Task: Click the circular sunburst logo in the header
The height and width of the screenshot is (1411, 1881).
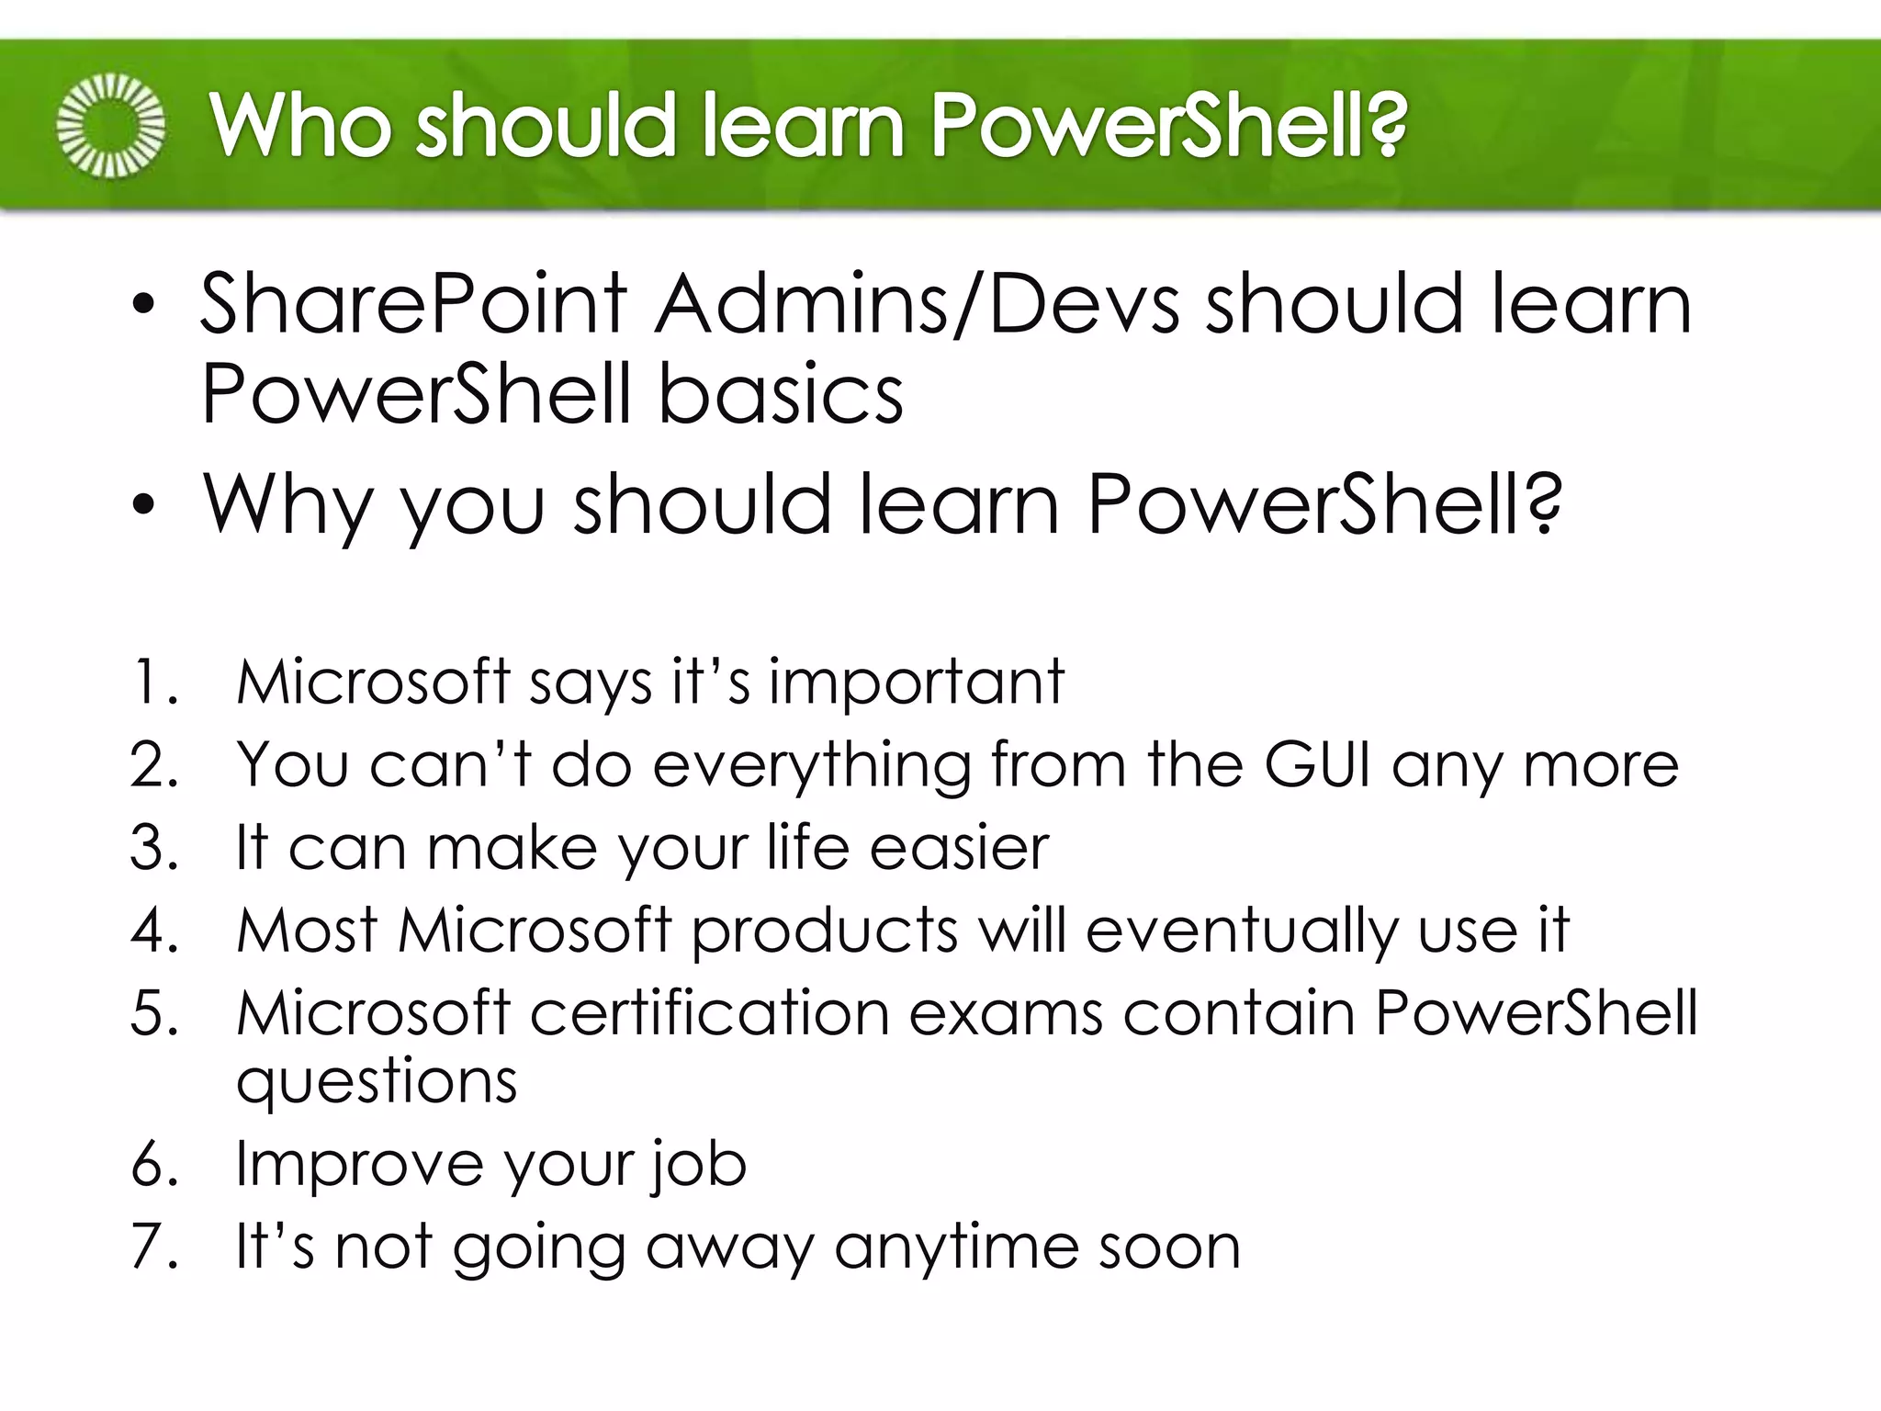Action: [x=111, y=125]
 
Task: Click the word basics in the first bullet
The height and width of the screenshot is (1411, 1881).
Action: [x=781, y=395]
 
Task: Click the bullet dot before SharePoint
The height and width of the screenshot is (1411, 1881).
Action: [x=143, y=308]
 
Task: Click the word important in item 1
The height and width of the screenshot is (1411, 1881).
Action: [x=916, y=683]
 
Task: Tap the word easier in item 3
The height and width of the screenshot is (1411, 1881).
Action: [x=959, y=847]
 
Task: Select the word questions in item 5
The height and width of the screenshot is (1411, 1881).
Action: [x=377, y=1081]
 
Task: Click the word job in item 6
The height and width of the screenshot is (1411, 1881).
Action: [x=699, y=1165]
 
